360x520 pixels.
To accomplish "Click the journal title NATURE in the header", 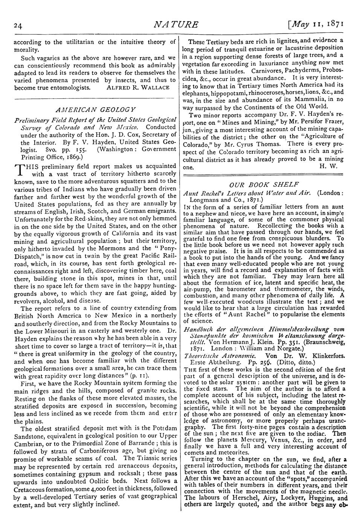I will [176, 25].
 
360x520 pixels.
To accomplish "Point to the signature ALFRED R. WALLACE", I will [139, 87].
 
